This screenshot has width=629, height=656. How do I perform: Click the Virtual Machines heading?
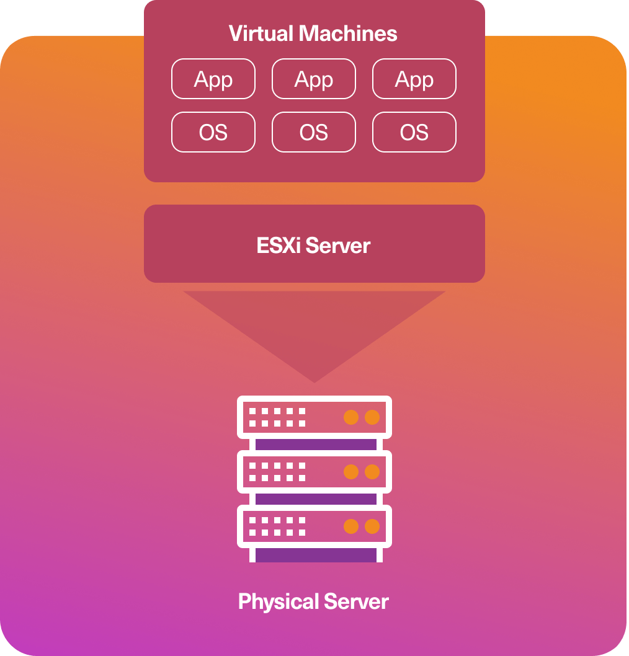(313, 33)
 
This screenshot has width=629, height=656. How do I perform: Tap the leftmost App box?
(213, 79)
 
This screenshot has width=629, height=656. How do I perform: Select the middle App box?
(314, 79)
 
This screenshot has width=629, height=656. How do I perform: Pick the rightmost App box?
(414, 79)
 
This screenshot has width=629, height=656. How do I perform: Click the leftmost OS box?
(213, 132)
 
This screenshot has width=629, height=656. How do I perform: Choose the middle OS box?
(314, 132)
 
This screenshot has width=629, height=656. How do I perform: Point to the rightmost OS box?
(414, 132)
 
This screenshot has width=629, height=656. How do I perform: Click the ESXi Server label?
(313, 245)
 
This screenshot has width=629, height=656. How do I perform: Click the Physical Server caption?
(313, 601)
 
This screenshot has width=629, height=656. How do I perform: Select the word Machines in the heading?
(348, 33)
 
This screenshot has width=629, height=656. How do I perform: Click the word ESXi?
(279, 245)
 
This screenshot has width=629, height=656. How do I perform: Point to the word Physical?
(279, 602)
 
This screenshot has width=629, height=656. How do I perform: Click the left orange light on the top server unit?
(351, 417)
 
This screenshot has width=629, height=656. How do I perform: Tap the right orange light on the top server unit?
(372, 417)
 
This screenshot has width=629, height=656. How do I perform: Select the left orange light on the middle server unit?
(351, 471)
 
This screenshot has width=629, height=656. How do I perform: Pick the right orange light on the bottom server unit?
(372, 526)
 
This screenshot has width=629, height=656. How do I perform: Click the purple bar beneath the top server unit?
(316, 445)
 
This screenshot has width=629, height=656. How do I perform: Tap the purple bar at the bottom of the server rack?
(316, 555)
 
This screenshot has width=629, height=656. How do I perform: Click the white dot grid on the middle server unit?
(277, 471)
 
